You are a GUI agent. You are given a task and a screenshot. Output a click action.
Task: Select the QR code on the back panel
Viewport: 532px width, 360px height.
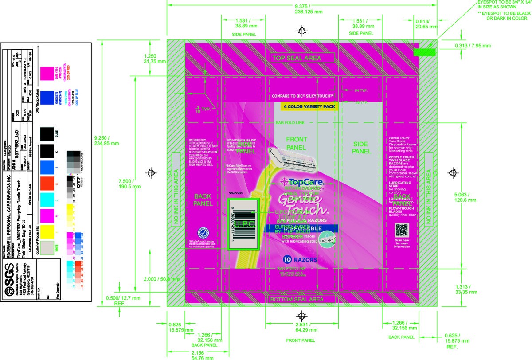401,231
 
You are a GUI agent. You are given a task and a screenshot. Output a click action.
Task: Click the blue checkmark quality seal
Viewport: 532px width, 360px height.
203,234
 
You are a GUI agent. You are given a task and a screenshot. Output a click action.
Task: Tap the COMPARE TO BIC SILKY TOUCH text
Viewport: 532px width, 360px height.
302,96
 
